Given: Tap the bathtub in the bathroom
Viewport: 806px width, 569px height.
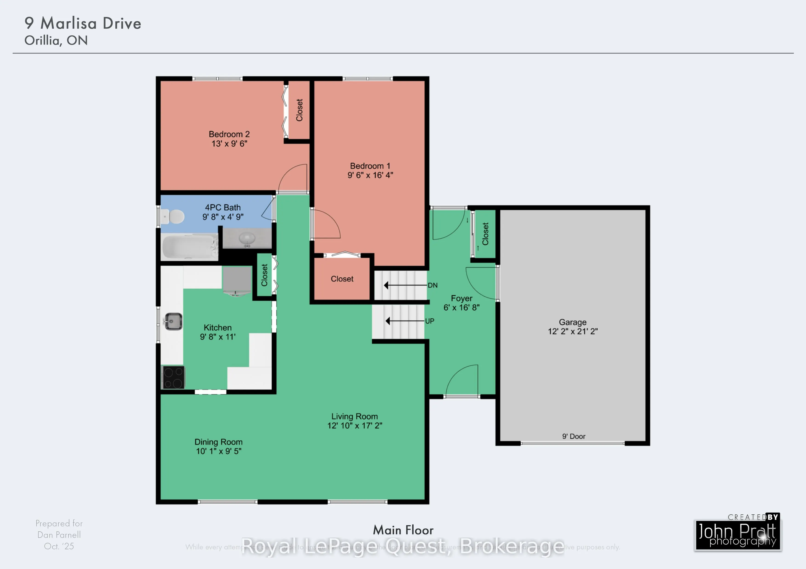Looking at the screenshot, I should [x=189, y=247].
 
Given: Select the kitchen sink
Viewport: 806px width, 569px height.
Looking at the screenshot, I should [x=173, y=321].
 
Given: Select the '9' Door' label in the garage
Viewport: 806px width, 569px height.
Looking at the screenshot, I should [x=574, y=436].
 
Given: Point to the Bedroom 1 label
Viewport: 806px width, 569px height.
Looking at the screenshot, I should [x=370, y=166].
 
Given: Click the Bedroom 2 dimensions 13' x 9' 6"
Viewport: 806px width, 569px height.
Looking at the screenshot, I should [x=229, y=144].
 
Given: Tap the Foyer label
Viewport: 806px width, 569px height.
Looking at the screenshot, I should [x=461, y=298].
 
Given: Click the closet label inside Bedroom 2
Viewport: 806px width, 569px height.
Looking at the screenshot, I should [x=299, y=110].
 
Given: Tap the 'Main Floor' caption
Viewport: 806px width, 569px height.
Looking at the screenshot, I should [x=403, y=530].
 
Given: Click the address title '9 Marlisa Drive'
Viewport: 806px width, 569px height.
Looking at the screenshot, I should [x=83, y=23].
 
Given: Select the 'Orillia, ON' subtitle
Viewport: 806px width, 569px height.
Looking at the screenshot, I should [x=56, y=41].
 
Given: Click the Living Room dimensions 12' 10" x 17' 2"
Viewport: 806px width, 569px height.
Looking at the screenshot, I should [x=355, y=426].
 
